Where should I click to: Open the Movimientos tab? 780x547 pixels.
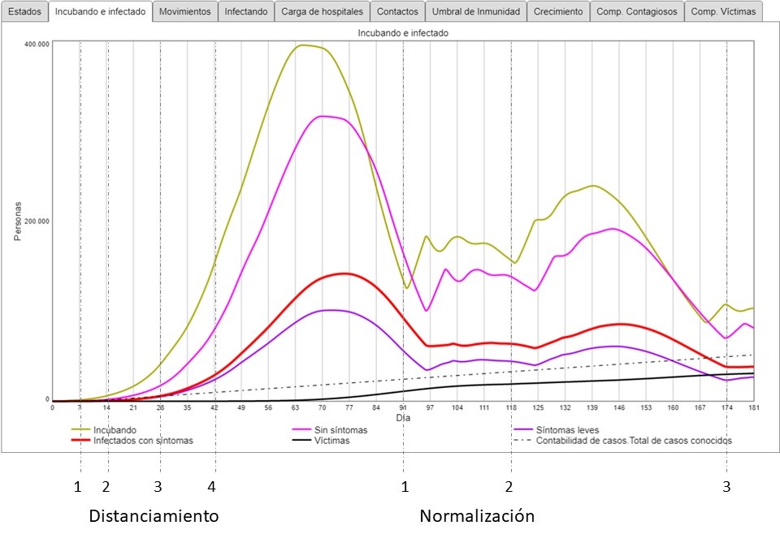click(x=185, y=12)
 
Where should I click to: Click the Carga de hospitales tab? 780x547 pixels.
click(x=323, y=12)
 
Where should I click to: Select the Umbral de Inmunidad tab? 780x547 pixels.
click(x=476, y=12)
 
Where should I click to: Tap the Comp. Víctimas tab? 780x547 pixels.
click(x=723, y=12)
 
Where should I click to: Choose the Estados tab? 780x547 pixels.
click(x=24, y=12)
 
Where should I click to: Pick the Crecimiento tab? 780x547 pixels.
click(x=558, y=12)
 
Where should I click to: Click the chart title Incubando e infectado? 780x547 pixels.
click(x=403, y=33)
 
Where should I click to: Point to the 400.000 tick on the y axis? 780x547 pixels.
click(x=38, y=44)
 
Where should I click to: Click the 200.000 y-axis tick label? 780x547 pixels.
click(x=38, y=221)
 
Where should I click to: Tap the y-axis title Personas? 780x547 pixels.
click(x=18, y=222)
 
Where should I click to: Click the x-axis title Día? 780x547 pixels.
click(x=403, y=417)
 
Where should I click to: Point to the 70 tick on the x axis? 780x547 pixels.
click(x=322, y=407)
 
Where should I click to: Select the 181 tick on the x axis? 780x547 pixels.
click(x=753, y=407)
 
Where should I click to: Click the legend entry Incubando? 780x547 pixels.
click(x=115, y=429)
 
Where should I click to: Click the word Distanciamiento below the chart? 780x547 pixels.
click(x=154, y=516)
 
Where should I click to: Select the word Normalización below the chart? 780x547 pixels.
click(x=477, y=516)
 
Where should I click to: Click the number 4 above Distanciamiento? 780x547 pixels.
click(x=212, y=487)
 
